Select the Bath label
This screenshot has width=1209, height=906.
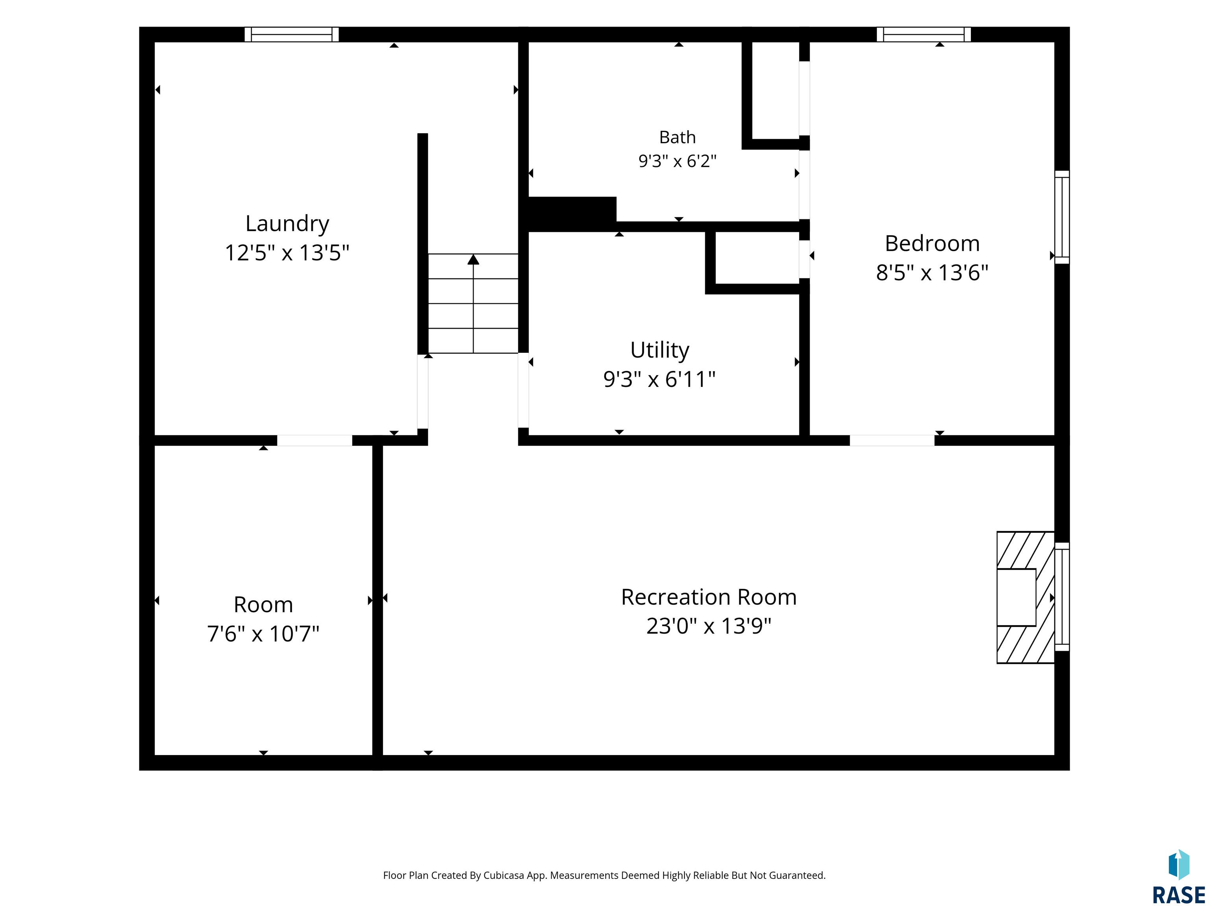(x=677, y=137)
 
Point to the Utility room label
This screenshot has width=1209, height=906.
(x=660, y=350)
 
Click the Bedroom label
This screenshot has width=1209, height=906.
(x=932, y=243)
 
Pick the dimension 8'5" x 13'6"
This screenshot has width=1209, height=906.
(x=932, y=273)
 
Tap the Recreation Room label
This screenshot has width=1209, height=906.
(x=708, y=597)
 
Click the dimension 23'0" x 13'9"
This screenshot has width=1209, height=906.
(x=708, y=626)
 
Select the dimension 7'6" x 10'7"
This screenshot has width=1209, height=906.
(x=263, y=634)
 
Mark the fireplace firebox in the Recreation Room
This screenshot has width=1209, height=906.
(x=1016, y=597)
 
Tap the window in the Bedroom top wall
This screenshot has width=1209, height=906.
(x=924, y=34)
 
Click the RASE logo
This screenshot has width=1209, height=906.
(x=1178, y=878)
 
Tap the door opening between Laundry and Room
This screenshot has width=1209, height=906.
(x=314, y=440)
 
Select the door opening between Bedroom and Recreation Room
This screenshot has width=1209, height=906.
(x=892, y=440)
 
